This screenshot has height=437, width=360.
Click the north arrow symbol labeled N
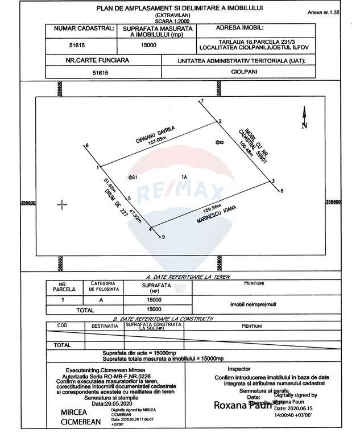coord(304,117)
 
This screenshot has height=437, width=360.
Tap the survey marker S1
coord(132,178)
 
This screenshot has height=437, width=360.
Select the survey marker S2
coord(218,142)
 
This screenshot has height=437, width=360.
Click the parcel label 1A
coord(184,177)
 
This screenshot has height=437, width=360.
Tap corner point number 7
coord(201,101)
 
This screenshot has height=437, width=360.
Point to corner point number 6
coord(86,146)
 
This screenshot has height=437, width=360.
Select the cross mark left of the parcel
coord(63,204)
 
